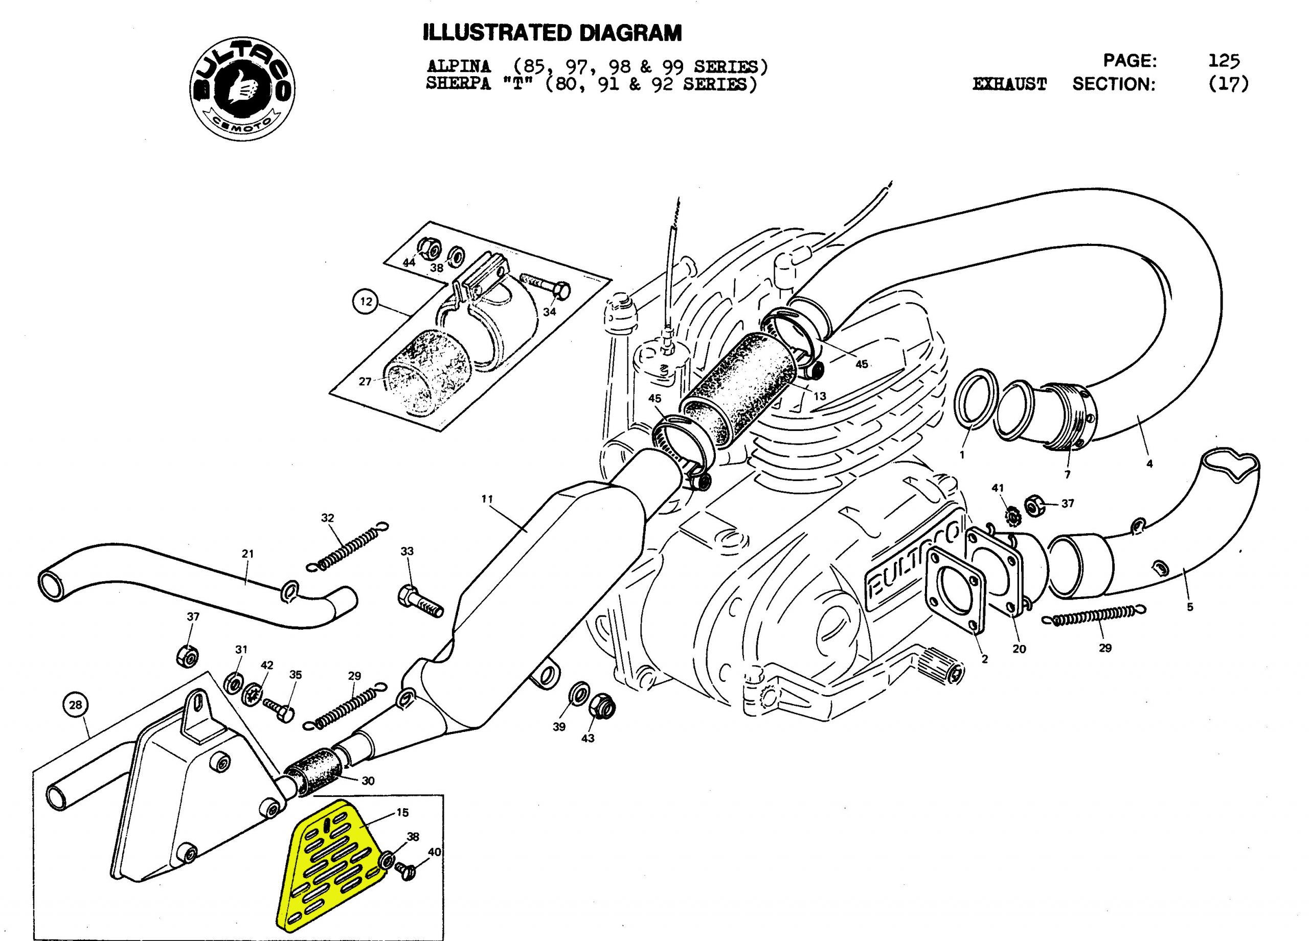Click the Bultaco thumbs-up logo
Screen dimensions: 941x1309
click(242, 89)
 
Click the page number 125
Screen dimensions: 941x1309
click(1224, 61)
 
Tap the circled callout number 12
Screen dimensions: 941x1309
click(366, 302)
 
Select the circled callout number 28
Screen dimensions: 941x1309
click(76, 705)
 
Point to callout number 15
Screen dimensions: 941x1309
click(402, 812)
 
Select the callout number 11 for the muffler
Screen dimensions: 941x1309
click(487, 499)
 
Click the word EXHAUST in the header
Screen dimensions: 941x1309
click(1009, 85)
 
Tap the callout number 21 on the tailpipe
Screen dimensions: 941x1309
click(247, 554)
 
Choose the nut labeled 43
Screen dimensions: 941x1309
click(602, 705)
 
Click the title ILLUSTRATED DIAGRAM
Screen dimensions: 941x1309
click(552, 33)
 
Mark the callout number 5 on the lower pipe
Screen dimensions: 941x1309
click(1189, 607)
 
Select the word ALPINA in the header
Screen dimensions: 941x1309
click(458, 67)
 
